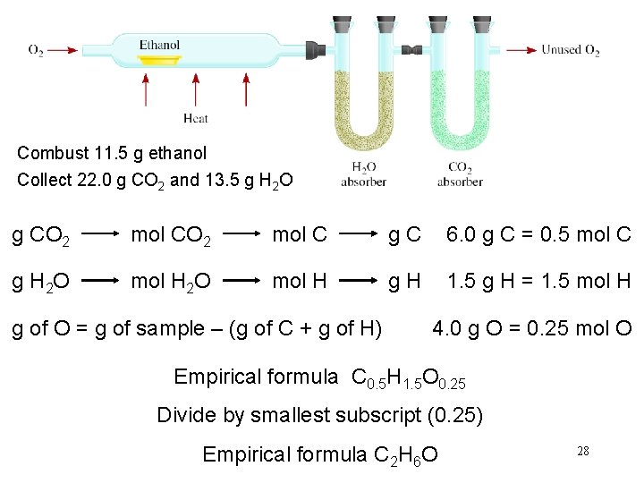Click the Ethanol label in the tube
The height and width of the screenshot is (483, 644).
159,45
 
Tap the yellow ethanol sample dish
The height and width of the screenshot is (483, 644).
160,61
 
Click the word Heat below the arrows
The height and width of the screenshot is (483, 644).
195,117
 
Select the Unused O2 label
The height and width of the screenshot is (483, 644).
570,50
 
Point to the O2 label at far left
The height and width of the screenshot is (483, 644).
36,50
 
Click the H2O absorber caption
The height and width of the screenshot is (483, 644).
363,174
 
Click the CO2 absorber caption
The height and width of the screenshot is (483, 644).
460,174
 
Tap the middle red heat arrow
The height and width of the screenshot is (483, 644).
195,91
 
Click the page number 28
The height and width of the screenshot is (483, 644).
582,452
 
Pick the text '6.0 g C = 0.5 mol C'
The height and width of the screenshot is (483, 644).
539,235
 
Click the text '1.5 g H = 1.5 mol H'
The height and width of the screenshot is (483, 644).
539,283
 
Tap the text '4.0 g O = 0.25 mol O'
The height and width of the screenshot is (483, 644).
532,330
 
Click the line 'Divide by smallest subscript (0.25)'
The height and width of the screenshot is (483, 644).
319,416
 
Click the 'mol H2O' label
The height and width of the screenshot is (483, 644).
171,284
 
